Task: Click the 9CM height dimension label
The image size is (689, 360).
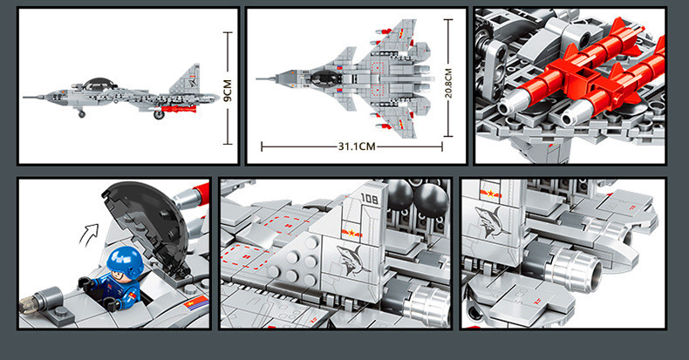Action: click(x=228, y=91)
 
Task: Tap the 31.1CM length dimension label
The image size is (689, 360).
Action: click(x=357, y=146)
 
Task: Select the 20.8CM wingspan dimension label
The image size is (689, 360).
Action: click(x=447, y=84)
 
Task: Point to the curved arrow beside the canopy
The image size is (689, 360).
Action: click(x=89, y=233)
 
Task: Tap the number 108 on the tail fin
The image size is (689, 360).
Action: click(x=369, y=199)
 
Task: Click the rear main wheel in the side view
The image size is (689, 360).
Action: click(x=158, y=114)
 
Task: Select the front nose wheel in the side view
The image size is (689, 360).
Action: click(x=82, y=114)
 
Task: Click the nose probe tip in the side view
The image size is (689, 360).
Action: click(x=24, y=98)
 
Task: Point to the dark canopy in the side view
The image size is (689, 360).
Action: click(x=98, y=84)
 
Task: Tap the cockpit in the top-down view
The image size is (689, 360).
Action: click(x=325, y=78)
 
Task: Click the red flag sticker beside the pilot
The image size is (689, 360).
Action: click(x=196, y=302)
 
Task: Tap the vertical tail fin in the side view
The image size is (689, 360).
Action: click(x=187, y=79)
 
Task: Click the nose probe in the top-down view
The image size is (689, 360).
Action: click(x=266, y=78)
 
